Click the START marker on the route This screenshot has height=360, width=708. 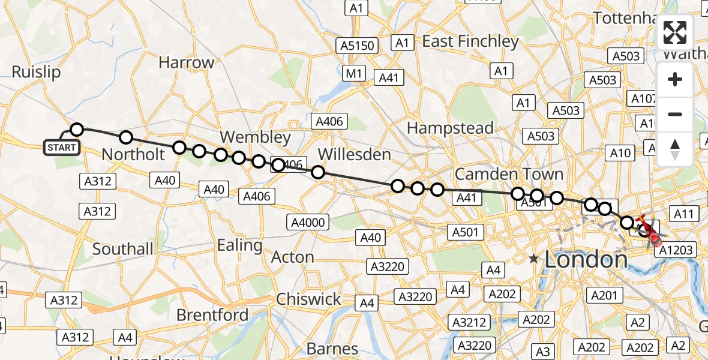point(62,147)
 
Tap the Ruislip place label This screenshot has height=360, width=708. point(36,72)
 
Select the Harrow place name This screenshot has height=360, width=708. point(186,62)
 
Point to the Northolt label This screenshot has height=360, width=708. point(133,154)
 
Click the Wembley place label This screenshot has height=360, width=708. point(255,137)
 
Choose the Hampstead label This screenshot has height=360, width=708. point(450,128)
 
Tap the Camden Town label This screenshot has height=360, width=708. point(509,174)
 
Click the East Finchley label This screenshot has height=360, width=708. point(470,41)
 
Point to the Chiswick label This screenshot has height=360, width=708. point(308,299)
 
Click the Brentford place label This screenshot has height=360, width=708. point(212,314)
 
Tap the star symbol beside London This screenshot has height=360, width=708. point(533,259)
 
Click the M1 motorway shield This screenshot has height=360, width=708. point(354,74)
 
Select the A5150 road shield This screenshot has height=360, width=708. point(358,46)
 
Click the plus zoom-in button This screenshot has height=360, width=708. point(675,79)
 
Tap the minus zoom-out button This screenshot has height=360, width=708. point(675,114)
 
